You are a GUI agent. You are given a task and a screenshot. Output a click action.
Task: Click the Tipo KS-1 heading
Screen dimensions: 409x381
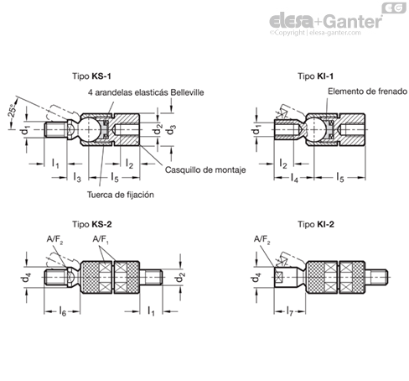[x=91, y=76]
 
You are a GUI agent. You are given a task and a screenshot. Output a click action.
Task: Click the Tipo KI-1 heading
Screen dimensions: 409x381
[x=316, y=76]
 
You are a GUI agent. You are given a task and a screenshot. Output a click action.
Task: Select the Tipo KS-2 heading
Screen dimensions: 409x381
[x=92, y=224]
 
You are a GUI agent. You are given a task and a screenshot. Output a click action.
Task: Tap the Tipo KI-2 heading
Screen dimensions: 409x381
[x=316, y=224]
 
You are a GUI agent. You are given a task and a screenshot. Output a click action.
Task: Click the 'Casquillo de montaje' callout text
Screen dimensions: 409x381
[x=205, y=170]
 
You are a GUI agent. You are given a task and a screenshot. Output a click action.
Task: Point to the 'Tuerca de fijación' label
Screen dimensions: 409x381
[x=121, y=195]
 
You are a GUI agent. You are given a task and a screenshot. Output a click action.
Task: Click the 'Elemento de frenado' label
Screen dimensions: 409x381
[x=367, y=91]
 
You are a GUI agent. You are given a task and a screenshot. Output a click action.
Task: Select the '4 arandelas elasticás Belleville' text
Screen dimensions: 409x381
[x=146, y=92]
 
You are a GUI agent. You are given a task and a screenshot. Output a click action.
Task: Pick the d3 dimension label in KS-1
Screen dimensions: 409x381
[x=172, y=130]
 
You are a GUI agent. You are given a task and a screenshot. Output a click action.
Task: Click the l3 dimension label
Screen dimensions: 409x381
[x=77, y=177]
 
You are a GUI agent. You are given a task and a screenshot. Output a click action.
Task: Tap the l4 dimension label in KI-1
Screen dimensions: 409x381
[x=294, y=178]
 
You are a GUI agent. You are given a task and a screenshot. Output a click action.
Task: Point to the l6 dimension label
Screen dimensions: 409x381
[x=63, y=311]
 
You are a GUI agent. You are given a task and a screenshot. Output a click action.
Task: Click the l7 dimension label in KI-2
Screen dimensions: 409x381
[x=290, y=311]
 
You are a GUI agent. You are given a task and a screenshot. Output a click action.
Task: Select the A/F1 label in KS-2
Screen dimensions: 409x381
[x=101, y=240]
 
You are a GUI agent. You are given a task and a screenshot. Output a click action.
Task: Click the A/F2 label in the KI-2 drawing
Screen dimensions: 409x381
[x=262, y=240]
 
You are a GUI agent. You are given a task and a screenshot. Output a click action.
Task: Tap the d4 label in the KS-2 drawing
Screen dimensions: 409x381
[x=27, y=278]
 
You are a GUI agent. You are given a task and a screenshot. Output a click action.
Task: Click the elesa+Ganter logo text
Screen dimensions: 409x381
[x=326, y=22]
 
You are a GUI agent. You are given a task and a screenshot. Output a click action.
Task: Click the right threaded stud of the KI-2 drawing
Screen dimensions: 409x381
[x=376, y=277]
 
